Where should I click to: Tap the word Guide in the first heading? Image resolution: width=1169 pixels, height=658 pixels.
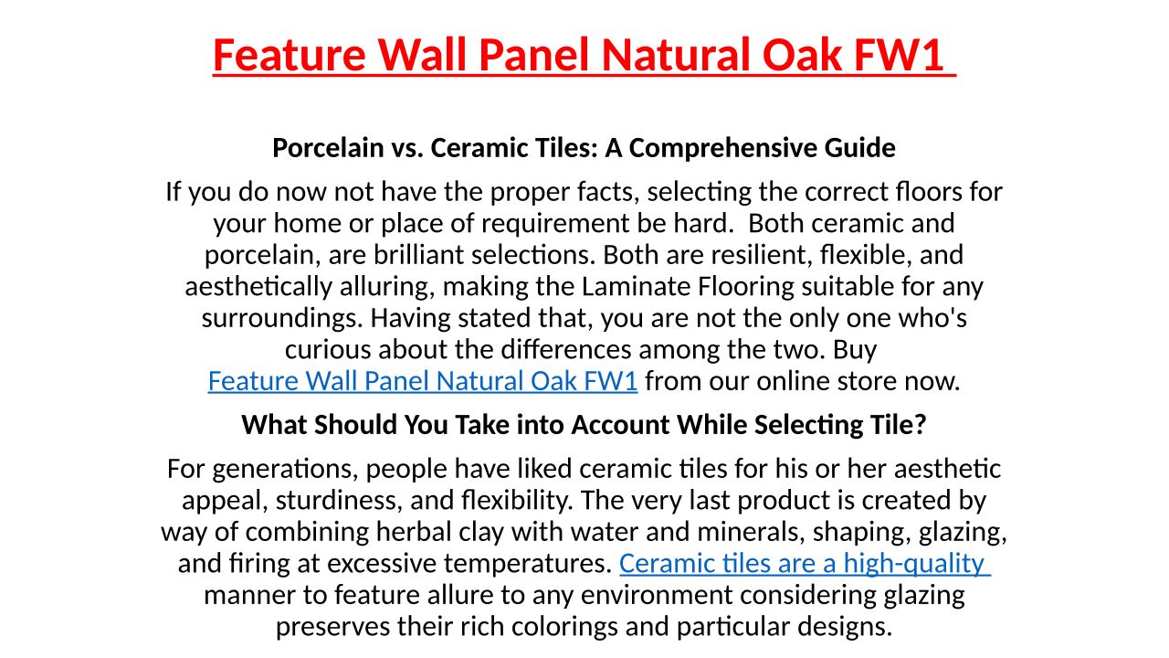(x=860, y=147)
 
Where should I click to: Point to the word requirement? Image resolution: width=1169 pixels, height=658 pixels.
(x=554, y=224)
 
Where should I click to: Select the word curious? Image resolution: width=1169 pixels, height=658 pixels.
(x=328, y=350)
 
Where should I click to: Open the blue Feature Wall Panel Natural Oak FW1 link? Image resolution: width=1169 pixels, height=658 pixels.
(x=423, y=381)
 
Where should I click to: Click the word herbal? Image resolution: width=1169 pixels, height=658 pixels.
(x=414, y=532)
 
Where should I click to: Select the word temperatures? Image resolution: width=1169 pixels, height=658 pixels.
(x=528, y=564)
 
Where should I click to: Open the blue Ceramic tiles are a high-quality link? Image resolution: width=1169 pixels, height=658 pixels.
(x=805, y=564)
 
